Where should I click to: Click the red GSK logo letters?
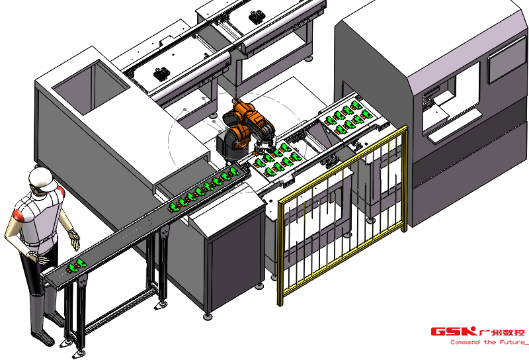tap(454, 332)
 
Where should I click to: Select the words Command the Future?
tap(489, 342)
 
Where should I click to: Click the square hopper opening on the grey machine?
tap(91, 85)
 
